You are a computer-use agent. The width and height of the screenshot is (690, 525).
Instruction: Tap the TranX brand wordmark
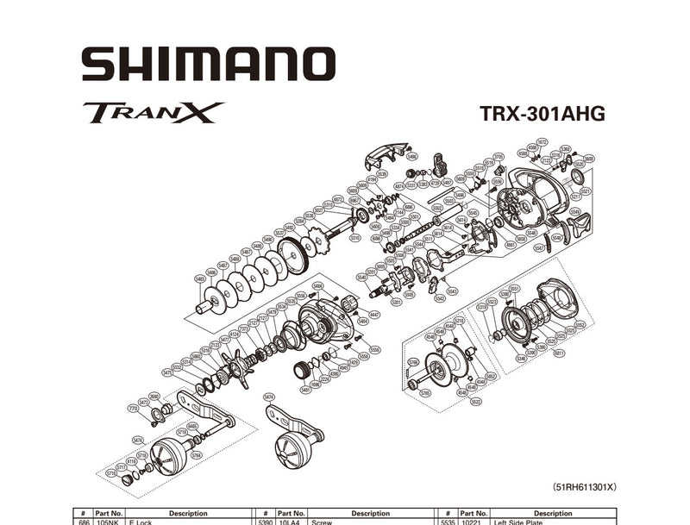[154, 113]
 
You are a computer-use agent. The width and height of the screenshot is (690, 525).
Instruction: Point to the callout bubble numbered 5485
[200, 278]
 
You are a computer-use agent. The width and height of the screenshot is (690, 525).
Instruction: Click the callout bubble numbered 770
[133, 408]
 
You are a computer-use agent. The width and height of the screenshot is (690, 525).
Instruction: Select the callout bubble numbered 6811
[559, 353]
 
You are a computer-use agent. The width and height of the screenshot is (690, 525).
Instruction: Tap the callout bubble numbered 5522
[476, 401]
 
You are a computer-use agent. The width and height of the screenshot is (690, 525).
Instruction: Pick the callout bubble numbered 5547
[539, 248]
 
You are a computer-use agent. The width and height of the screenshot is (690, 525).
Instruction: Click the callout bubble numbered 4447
[373, 316]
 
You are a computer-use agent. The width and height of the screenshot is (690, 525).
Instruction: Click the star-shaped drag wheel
[233, 367]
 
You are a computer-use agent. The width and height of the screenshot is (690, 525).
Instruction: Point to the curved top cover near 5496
[384, 155]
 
